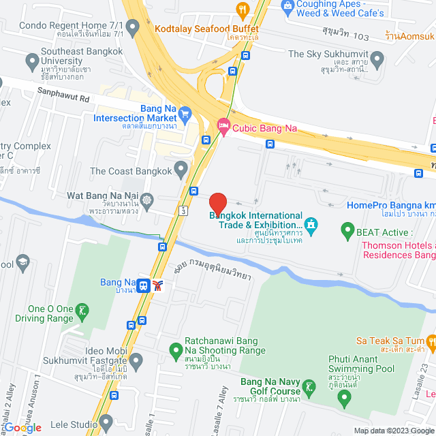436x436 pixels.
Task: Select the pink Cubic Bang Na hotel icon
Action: [222, 126]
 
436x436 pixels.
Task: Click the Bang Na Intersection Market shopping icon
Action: [185, 112]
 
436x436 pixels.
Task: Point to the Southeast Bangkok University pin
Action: [31, 62]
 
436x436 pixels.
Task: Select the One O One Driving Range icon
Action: [82, 311]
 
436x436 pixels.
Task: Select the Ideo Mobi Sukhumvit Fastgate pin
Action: [135, 359]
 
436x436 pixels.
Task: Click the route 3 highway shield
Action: [183, 212]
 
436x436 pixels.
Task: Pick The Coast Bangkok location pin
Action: [181, 168]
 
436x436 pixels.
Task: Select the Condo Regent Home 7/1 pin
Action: [132, 27]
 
